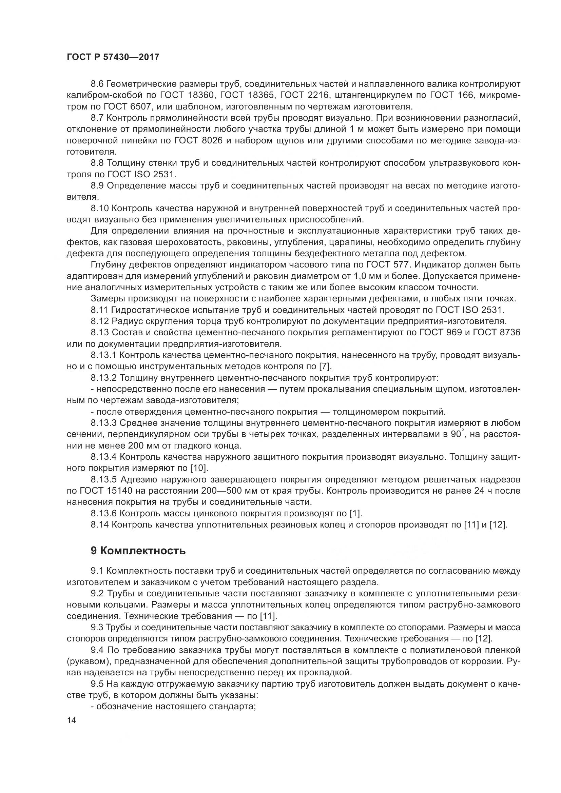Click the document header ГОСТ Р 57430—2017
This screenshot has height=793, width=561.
click(x=113, y=57)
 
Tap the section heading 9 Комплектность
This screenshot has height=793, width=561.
click(x=138, y=551)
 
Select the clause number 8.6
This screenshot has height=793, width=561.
click(x=97, y=84)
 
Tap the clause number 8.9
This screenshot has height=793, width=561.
click(x=97, y=186)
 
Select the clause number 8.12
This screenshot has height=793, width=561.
click(x=100, y=321)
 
